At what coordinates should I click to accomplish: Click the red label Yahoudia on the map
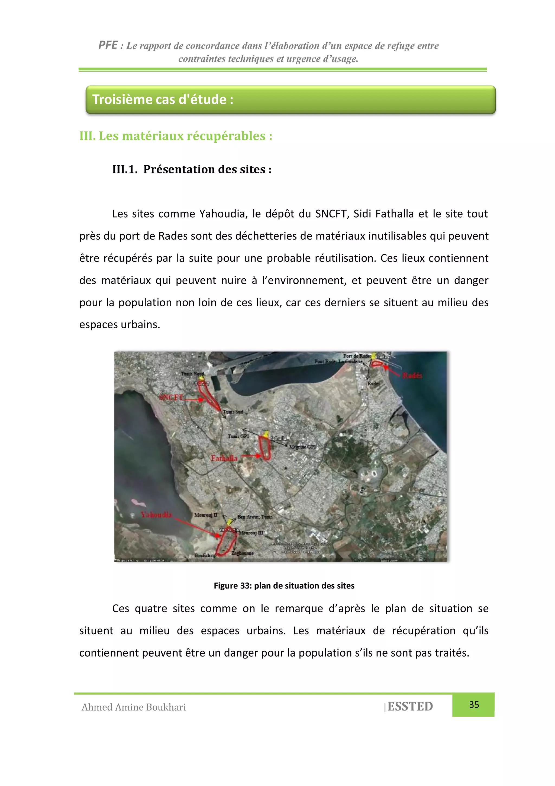pos(156,514)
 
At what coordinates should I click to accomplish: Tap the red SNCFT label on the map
pos(171,397)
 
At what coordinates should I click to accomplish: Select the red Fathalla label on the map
pos(224,458)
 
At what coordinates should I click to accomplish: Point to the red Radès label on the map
pos(412,375)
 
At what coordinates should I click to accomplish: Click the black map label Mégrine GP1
pos(303,447)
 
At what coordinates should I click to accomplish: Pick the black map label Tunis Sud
pos(233,412)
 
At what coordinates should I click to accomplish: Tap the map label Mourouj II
pos(205,515)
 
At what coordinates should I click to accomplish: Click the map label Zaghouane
pos(243,553)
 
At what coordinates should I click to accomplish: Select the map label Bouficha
pos(203,555)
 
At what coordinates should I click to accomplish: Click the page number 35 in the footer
pos(474,705)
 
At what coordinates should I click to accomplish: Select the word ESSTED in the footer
pos(410,706)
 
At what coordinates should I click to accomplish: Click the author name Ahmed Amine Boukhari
pos(134,707)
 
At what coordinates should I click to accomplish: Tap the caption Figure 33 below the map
pos(284,586)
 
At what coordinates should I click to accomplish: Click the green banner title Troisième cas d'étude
pos(163,100)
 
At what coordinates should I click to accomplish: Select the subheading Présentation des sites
pos(207,170)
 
